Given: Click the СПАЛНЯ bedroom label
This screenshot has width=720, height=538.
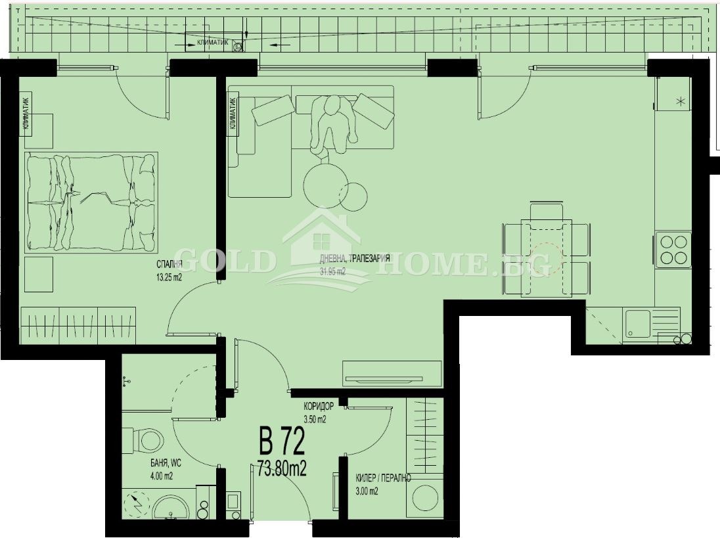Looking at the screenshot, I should coord(169,265).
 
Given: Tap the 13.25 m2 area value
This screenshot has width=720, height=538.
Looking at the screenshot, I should coord(169,277).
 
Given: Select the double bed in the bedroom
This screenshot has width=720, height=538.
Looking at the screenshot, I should coord(91,202).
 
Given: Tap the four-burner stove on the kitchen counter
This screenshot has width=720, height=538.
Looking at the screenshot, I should coord(673,249).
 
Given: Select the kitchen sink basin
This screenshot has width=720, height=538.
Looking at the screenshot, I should coord(637,323).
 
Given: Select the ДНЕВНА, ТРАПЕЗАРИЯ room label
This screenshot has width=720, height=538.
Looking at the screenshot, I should coord(355,259).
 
